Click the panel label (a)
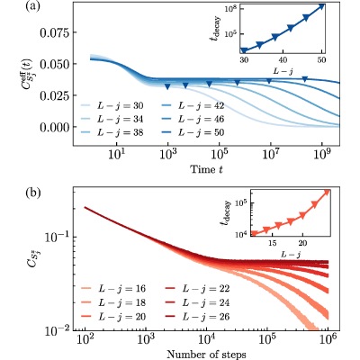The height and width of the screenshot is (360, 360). point(32,6)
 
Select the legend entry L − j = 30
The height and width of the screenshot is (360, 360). point(112,106)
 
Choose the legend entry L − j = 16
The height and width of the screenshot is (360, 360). point(113,289)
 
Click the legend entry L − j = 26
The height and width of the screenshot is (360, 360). point(198,317)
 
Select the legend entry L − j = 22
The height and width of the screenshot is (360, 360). point(198,289)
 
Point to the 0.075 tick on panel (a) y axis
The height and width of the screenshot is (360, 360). point(54,32)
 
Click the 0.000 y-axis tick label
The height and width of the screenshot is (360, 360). point(54,127)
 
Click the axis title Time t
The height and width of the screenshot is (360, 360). point(207,169)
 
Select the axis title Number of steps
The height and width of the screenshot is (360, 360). point(206,355)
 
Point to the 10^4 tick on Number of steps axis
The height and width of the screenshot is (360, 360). point(206,340)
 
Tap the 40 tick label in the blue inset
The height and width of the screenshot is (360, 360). point(283,60)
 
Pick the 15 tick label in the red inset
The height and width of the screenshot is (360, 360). point(273,243)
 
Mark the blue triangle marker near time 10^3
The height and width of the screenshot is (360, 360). point(167,86)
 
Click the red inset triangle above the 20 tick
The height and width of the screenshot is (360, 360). point(302,215)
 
